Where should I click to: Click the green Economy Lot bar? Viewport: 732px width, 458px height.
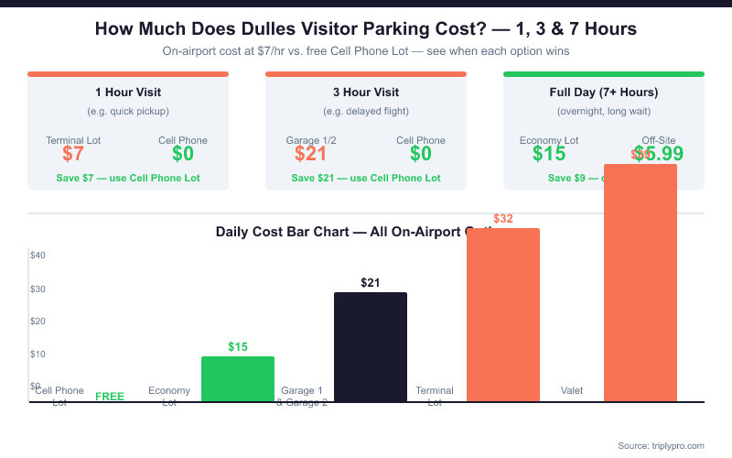[x=238, y=378]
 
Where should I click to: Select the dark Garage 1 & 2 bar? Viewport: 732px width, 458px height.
[x=370, y=346]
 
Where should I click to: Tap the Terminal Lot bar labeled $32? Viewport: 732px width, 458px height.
[x=503, y=314]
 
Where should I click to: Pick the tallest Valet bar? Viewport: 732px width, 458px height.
[x=640, y=282]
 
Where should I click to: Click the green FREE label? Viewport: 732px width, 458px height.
[x=110, y=397]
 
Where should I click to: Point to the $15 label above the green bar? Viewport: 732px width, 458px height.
[x=238, y=346]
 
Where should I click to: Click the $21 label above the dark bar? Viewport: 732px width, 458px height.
[x=370, y=282]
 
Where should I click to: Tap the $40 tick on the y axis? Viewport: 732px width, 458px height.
[x=38, y=255]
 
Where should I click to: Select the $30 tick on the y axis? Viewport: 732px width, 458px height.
[x=38, y=289]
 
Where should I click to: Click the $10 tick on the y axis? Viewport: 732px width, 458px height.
[x=38, y=354]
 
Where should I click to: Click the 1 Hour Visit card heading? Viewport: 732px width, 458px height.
[x=128, y=93]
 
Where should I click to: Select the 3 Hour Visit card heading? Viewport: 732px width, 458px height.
[x=366, y=93]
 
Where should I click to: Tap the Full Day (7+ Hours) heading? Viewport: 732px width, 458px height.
[x=604, y=93]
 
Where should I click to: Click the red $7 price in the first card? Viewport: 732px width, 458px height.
[x=73, y=154]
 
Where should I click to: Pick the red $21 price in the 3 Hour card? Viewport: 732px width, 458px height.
[x=311, y=154]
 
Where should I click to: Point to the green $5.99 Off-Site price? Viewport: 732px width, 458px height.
[x=659, y=154]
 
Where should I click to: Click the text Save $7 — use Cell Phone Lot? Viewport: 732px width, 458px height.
[x=128, y=178]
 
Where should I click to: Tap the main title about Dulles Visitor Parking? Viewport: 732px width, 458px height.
[x=366, y=29]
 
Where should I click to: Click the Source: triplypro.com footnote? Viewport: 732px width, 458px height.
[x=661, y=445]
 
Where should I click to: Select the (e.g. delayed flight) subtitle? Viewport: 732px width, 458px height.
[x=366, y=112]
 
